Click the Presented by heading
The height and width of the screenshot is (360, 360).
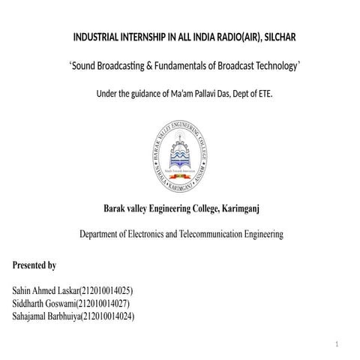coord(34,265)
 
